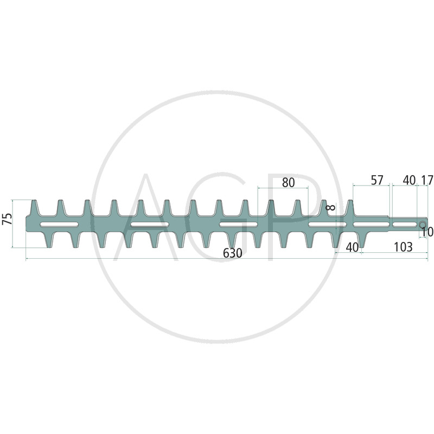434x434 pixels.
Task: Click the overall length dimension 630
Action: tap(233, 253)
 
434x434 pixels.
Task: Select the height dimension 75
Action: tap(8, 219)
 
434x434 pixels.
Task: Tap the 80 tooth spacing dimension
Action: tap(289, 183)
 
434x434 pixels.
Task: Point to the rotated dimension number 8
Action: tap(331, 207)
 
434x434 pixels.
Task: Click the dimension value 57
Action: tap(376, 181)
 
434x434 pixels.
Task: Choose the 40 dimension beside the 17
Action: tap(409, 181)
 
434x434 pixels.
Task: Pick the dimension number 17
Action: tap(426, 181)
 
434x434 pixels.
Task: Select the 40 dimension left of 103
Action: tap(352, 247)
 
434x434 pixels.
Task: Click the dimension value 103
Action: tap(403, 247)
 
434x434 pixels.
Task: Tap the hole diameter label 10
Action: tap(427, 232)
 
